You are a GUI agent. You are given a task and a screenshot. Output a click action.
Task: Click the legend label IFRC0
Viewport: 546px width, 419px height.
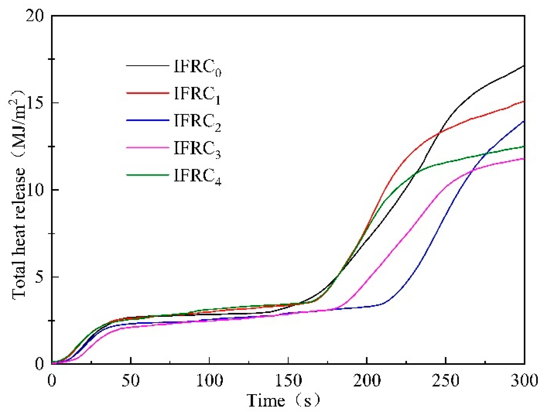pos(197,68)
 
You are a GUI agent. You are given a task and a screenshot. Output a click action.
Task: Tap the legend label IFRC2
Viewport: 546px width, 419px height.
pos(197,122)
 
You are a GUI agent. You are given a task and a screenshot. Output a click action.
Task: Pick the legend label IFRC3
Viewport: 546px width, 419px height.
pos(197,149)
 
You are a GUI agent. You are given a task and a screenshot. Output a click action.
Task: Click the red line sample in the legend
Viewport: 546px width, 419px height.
pos(147,93)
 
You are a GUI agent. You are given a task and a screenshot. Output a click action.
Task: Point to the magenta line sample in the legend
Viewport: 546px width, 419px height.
pos(147,147)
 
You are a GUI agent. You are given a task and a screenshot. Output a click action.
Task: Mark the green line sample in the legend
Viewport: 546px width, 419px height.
pos(147,175)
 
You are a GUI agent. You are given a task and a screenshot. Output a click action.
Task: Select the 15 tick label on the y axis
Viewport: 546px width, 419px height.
pos(35,103)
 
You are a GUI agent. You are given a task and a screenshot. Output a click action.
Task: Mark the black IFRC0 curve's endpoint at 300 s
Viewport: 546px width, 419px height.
pos(524,66)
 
